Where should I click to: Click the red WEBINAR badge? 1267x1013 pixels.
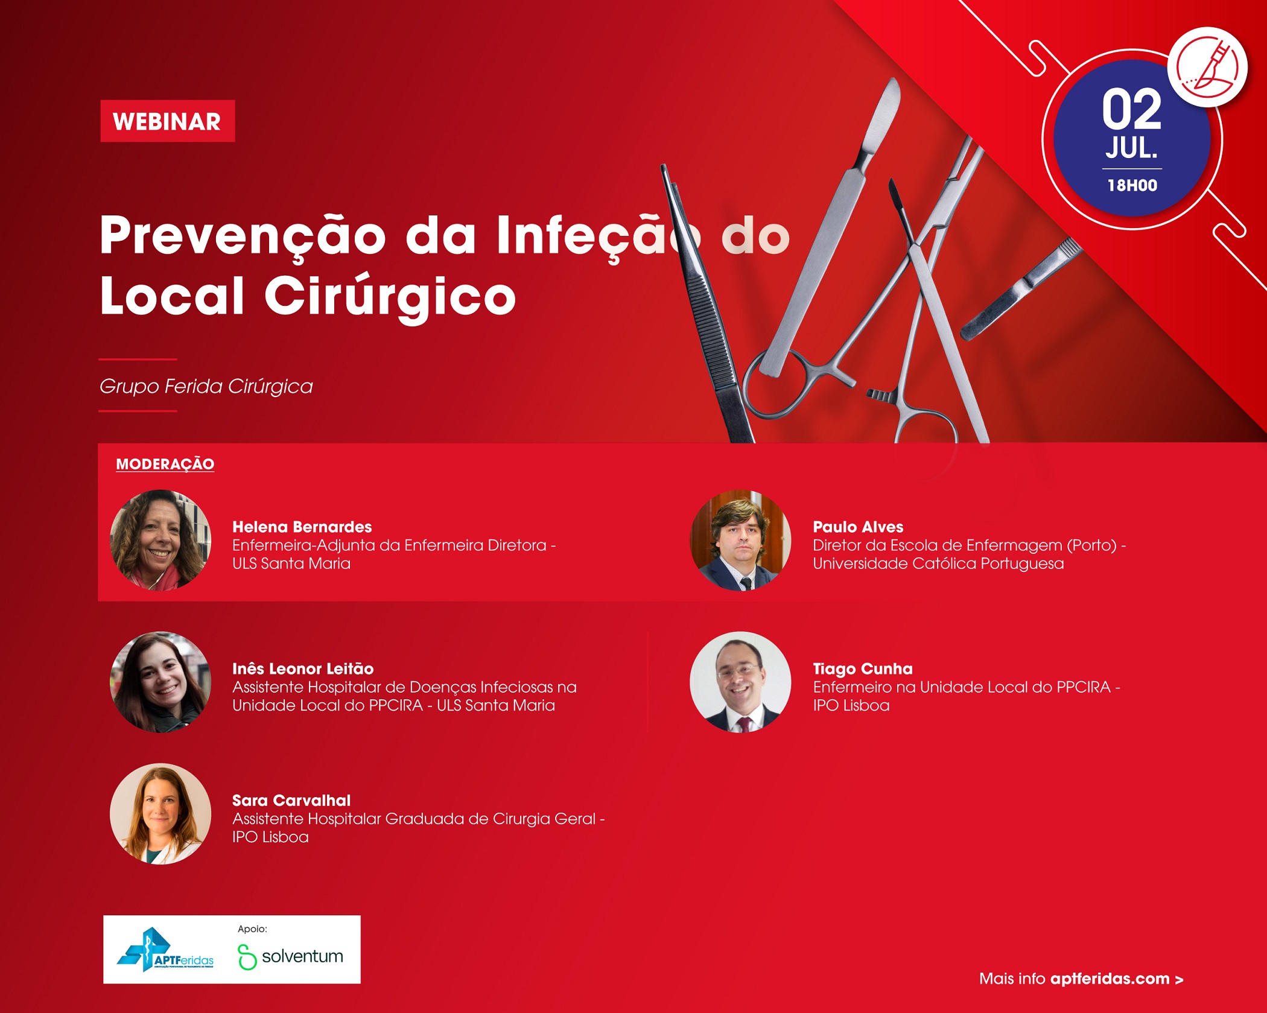168,121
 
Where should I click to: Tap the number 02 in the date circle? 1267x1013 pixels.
1132,109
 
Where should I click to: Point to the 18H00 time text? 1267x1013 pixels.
1132,185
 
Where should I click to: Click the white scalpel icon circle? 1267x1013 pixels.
1207,66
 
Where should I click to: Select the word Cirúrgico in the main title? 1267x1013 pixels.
390,296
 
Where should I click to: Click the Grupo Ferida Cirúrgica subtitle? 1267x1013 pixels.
206,386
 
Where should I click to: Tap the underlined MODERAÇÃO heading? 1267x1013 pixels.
165,463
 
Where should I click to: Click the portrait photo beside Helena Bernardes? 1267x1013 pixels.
160,540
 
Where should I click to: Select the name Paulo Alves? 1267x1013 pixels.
858,527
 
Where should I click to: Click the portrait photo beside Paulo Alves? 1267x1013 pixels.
740,540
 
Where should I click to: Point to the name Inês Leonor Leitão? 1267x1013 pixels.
303,668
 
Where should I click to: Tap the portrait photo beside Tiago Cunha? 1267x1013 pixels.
740,682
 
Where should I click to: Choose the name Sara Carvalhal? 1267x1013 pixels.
291,800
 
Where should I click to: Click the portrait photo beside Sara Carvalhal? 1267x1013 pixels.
160,814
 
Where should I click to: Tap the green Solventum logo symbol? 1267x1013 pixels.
247,957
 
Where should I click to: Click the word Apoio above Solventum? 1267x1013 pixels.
252,929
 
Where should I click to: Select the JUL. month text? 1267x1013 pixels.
1132,148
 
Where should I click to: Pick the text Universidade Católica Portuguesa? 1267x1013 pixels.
938,564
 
